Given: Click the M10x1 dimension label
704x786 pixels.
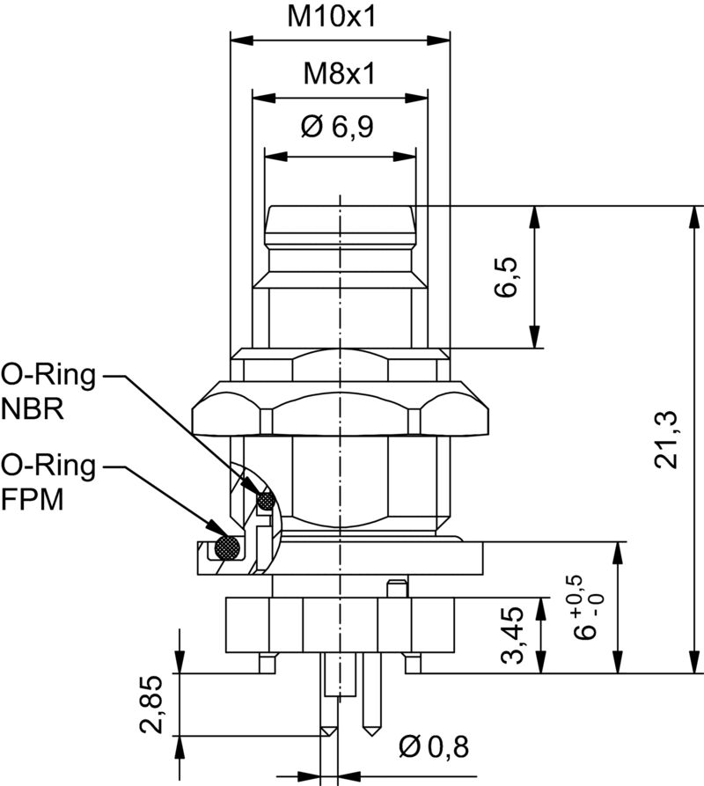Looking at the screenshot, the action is point(331,17).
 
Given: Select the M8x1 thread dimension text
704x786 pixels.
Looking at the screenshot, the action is point(339,74).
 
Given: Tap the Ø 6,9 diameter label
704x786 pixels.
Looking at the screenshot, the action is point(337,127).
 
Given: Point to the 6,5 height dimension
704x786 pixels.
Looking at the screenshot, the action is point(506,277).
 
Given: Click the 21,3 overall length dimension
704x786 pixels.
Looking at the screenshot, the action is point(666,439).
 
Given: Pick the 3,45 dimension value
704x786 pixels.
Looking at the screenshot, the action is point(512,635).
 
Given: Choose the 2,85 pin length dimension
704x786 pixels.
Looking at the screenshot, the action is point(151,704).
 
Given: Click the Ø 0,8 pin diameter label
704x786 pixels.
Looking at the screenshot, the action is point(434,747).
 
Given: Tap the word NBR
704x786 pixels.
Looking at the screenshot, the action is point(33,409).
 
